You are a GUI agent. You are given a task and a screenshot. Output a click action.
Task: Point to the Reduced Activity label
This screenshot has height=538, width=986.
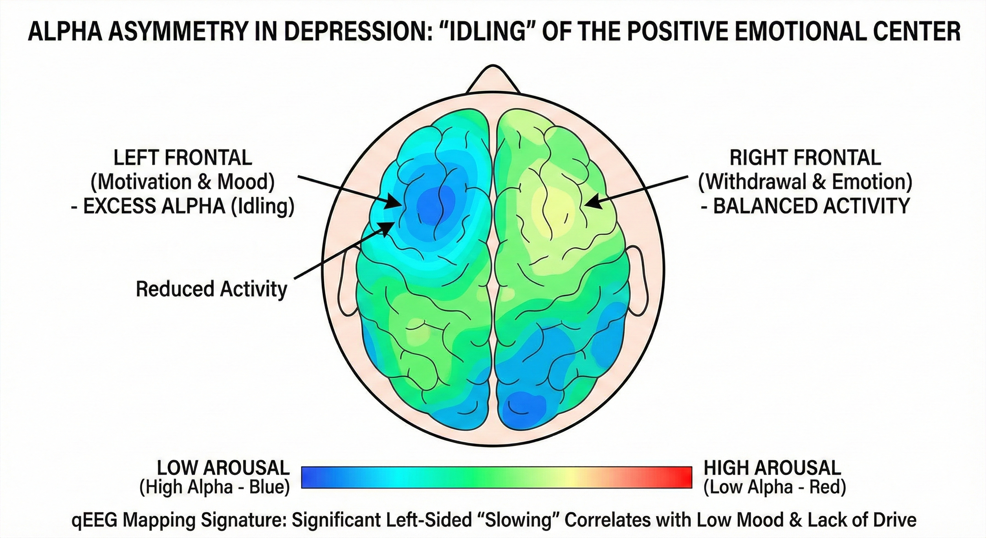tap(211, 289)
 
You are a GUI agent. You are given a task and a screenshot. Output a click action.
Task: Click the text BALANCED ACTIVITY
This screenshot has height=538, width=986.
tap(811, 207)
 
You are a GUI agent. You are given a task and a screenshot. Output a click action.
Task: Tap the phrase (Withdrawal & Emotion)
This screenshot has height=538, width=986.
tap(805, 182)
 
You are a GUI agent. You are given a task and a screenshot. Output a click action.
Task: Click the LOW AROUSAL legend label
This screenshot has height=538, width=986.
tap(223, 468)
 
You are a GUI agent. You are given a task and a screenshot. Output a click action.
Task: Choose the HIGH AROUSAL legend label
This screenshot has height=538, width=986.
tap(772, 468)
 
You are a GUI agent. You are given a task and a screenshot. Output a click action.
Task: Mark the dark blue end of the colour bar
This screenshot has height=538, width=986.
tap(310, 477)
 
